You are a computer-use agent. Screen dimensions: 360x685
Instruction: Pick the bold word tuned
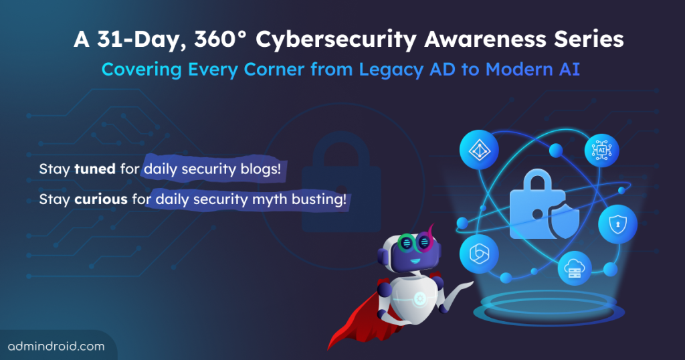[96, 169]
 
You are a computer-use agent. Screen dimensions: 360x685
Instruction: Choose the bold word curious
[102, 199]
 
